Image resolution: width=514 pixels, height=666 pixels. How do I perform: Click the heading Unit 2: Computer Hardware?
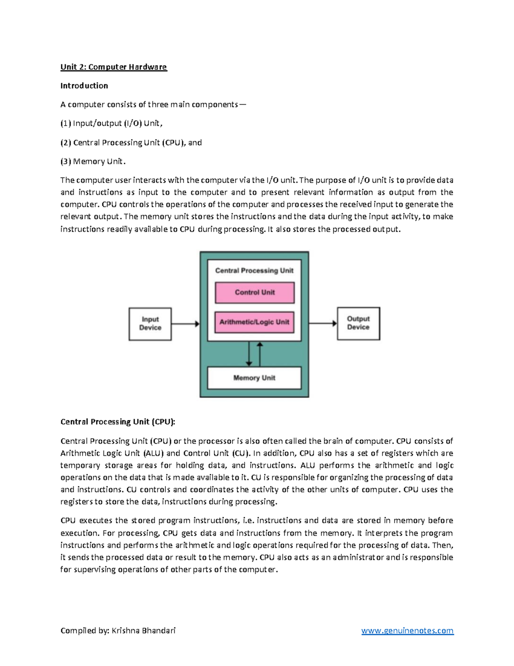pos(114,67)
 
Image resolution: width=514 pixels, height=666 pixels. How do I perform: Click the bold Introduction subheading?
pos(84,86)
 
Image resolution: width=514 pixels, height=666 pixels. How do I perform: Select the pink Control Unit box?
pos(254,292)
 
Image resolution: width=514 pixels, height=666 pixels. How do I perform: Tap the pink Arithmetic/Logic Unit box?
pos(254,322)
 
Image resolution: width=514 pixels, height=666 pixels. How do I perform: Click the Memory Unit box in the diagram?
pos(254,378)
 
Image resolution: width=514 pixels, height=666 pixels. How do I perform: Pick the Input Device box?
pos(150,324)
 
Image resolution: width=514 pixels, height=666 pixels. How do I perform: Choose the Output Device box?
pos(358,323)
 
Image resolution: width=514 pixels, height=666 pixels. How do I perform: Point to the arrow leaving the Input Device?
pos(185,324)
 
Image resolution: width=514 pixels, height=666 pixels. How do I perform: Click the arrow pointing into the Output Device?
pos(323,323)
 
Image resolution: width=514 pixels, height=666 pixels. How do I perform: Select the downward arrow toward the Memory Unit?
pos(249,354)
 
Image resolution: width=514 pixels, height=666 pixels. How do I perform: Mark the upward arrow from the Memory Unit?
pos(260,354)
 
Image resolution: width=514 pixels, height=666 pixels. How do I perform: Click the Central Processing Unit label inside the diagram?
pos(254,271)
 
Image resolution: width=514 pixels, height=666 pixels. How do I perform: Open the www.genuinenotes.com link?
pos(407,630)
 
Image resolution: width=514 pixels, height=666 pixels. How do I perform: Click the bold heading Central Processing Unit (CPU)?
pos(118,422)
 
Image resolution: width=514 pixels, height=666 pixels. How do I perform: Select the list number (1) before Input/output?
pos(66,124)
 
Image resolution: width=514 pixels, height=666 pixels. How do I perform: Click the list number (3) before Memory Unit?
pos(66,162)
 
